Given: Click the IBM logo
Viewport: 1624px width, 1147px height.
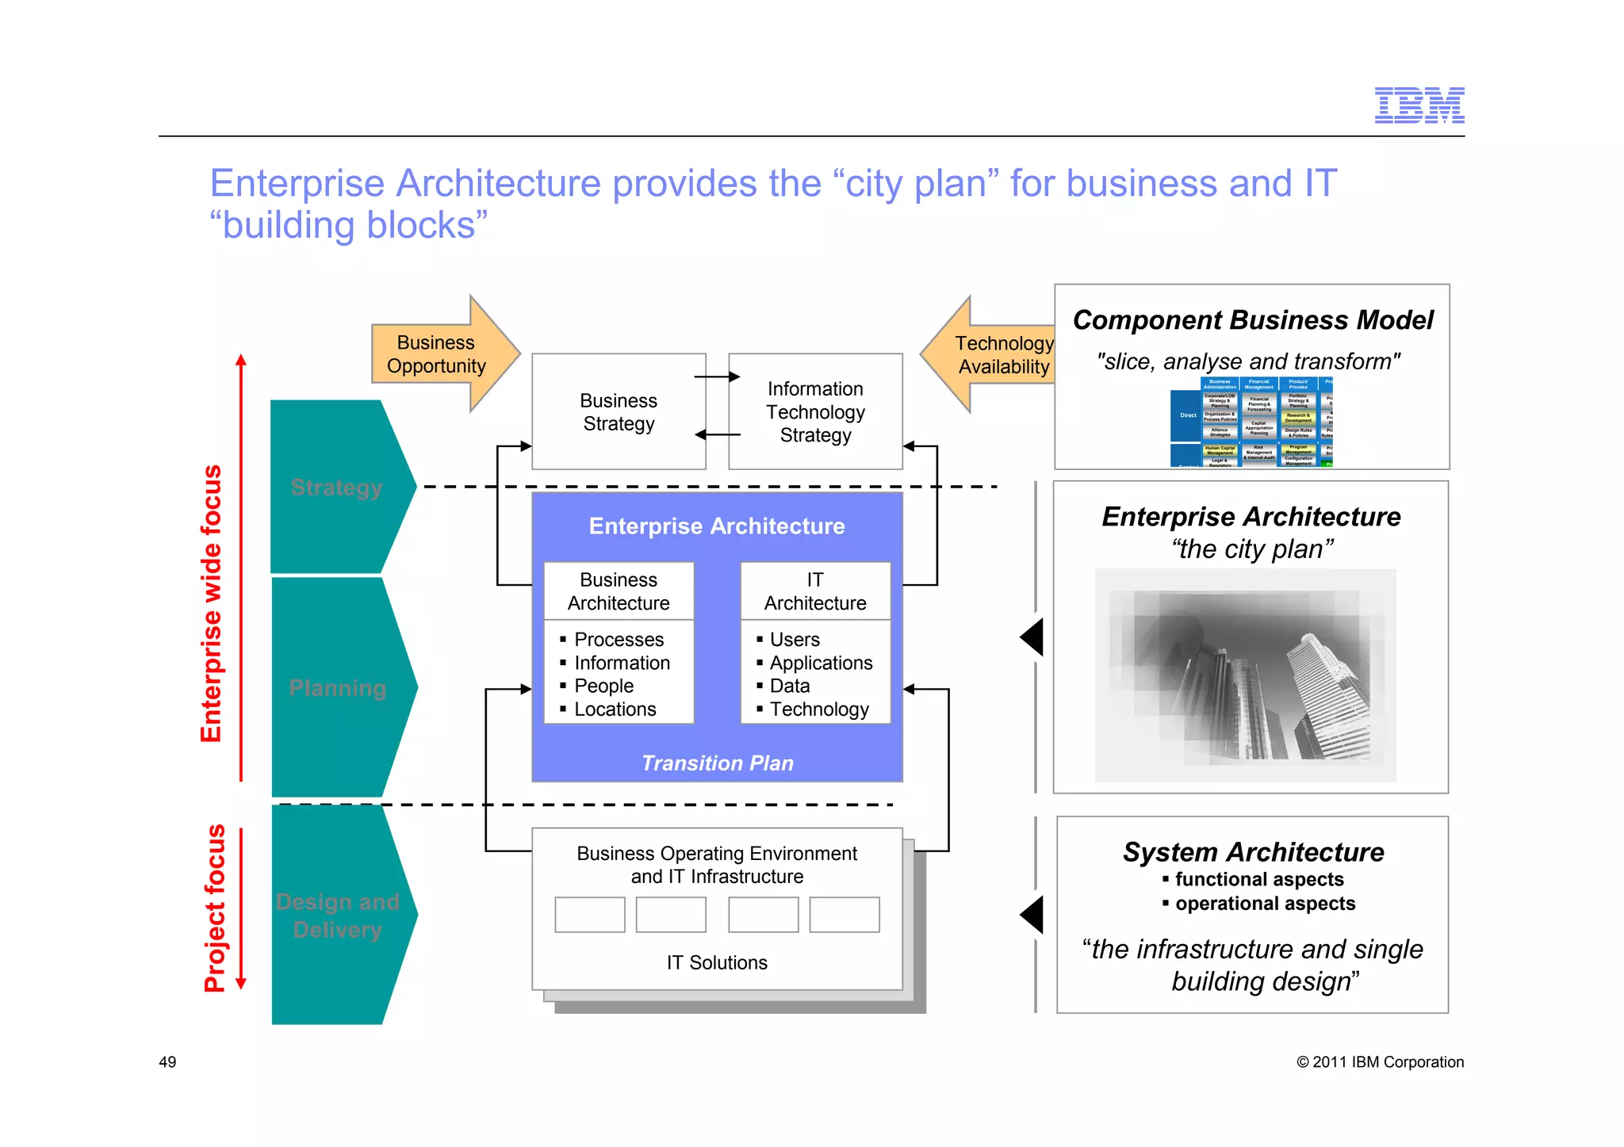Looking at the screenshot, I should click(x=1419, y=105).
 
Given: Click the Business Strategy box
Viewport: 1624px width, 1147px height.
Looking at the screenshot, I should click(x=619, y=412).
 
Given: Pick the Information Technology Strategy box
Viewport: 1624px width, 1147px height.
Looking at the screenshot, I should click(x=815, y=412).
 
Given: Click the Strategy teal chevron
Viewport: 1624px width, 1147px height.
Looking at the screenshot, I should click(x=337, y=487).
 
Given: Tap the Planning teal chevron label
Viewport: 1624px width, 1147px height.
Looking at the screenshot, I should click(x=337, y=688).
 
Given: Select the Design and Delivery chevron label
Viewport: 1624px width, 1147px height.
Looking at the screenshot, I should click(x=337, y=916).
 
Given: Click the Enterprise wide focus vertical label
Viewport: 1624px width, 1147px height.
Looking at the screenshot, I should click(x=211, y=604).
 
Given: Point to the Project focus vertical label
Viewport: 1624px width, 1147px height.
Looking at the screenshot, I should click(x=214, y=908).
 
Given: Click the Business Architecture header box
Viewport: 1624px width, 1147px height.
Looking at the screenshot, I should click(x=619, y=591).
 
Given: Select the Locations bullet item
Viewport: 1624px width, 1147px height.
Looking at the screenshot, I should click(x=615, y=709).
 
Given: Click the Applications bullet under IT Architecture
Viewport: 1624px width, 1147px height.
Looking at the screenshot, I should click(x=821, y=663).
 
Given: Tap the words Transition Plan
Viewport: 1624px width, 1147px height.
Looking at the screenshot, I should click(x=717, y=763).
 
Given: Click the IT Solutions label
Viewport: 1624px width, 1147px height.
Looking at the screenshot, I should click(x=717, y=962).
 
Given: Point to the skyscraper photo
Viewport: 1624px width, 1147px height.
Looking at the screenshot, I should click(x=1245, y=675).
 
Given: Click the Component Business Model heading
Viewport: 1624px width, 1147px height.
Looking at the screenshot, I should click(x=1252, y=320).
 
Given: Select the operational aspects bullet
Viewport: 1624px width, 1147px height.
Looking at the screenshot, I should click(x=1265, y=904).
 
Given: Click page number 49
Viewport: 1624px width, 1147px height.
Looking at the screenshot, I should click(x=167, y=1062).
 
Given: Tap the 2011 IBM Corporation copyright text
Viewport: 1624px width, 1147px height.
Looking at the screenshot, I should click(x=1380, y=1062).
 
